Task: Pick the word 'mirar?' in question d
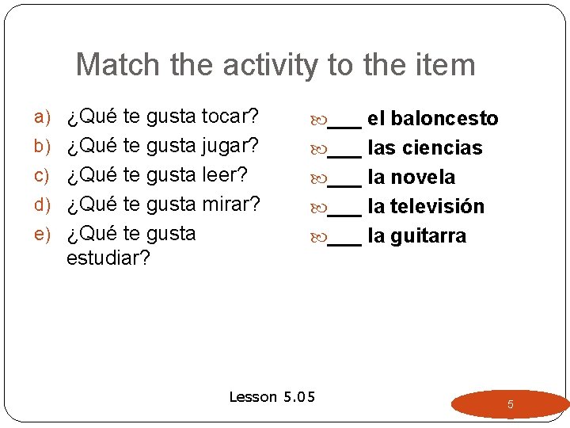pos(231,204)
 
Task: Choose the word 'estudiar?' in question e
pos(108,259)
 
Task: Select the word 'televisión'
pos(437,207)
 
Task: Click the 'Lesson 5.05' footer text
pos(272,396)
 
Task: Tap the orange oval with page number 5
pos(510,404)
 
